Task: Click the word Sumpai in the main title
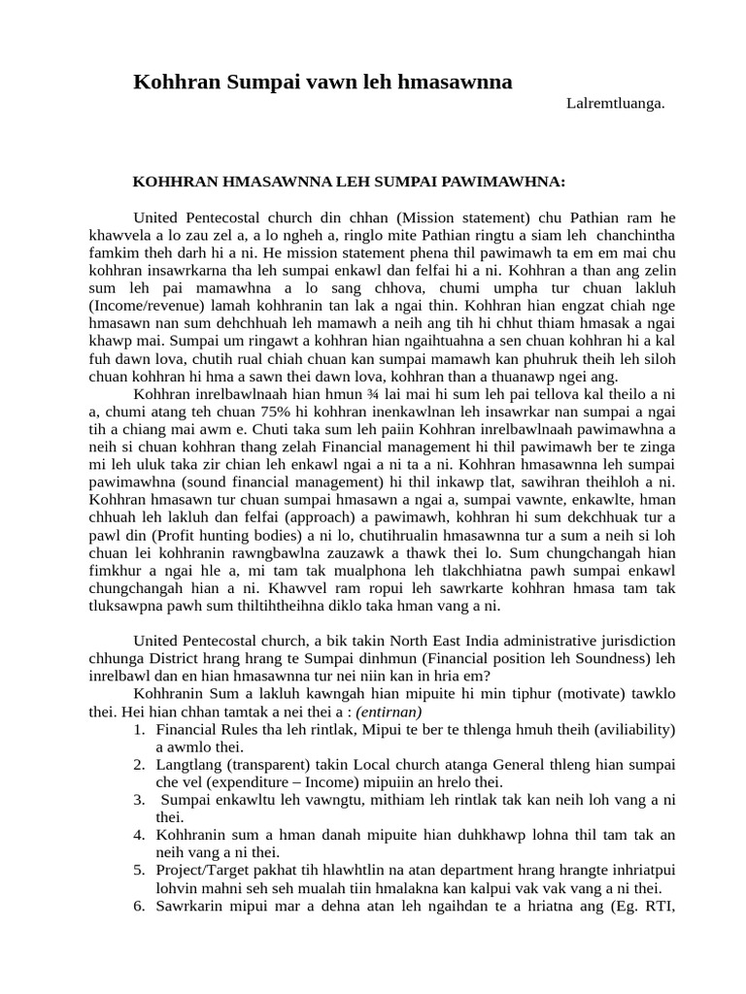click(x=262, y=83)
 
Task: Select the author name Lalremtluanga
click(x=615, y=105)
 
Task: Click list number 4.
click(x=139, y=835)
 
